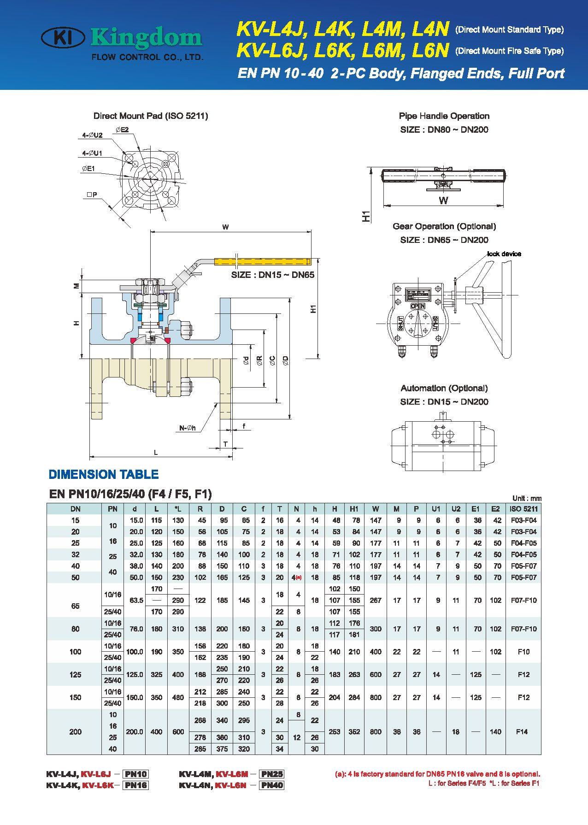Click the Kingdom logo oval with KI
63,37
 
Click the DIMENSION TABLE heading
103,474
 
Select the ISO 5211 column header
523,509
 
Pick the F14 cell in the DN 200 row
522,731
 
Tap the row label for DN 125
75,674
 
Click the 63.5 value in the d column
135,600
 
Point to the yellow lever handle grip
262,261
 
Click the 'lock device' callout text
504,254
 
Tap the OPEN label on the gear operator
417,306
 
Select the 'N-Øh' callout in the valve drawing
188,428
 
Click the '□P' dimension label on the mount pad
92,194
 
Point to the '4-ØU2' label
92,135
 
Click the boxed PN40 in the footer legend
272,785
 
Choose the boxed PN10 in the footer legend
135,774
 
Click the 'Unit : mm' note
527,498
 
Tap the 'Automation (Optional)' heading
444,388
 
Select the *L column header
178,509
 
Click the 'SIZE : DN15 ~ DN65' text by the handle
272,275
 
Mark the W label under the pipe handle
443,200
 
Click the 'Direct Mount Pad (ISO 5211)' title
151,116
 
